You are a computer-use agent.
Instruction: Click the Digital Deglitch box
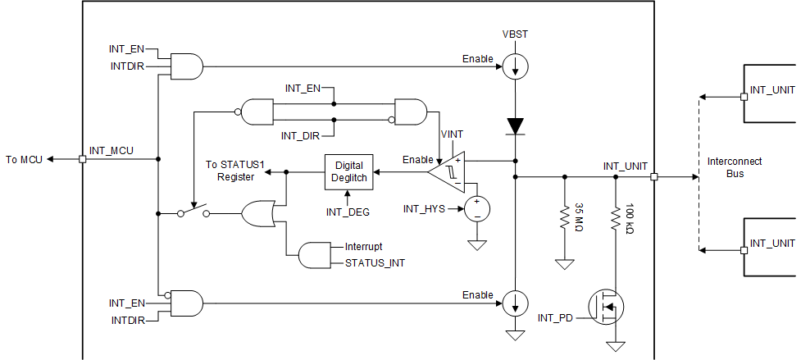[x=348, y=171]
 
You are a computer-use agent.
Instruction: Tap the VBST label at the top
[x=516, y=35]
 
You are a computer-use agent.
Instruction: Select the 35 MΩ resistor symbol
[x=564, y=217]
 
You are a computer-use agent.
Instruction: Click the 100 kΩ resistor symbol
[x=614, y=217]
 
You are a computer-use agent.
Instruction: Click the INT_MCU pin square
[x=82, y=159]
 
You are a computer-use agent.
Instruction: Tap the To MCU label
[x=22, y=159]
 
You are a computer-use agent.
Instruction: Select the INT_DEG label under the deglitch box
[x=348, y=212]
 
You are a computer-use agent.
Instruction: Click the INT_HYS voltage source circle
[x=475, y=208]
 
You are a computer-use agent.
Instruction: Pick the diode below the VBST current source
[x=515, y=126]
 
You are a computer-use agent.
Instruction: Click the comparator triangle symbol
[x=448, y=171]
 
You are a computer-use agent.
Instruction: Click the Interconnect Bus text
[x=734, y=167]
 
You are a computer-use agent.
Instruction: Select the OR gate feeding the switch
[x=259, y=214]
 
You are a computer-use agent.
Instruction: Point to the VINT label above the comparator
[x=453, y=134]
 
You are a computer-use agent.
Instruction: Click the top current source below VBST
[x=515, y=66]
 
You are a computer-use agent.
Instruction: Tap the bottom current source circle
[x=515, y=303]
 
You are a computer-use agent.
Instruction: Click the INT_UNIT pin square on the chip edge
[x=653, y=176]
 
